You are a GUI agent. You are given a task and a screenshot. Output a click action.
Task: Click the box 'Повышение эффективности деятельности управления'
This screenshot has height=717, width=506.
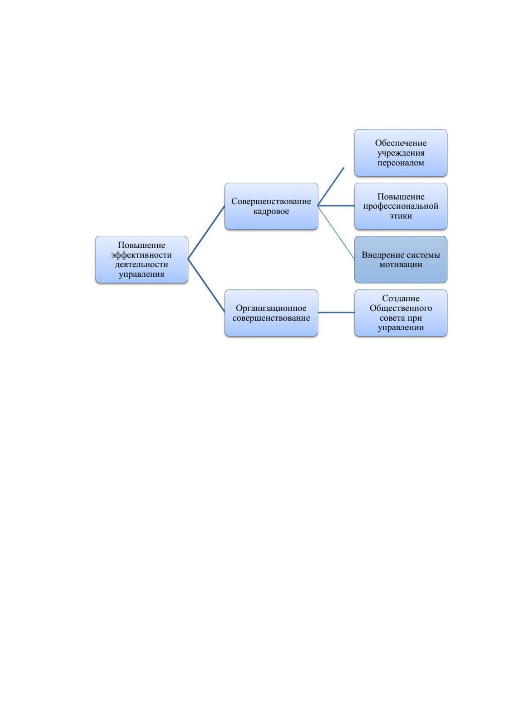tap(141, 260)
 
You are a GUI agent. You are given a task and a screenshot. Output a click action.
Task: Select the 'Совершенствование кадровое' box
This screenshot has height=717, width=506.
tap(271, 206)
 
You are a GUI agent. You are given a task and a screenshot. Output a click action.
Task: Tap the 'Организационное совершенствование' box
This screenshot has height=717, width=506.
tap(271, 313)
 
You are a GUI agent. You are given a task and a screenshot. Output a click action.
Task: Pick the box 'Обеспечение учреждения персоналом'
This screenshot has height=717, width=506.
tap(401, 153)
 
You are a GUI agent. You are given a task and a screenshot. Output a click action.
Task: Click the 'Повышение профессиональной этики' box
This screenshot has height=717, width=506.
tap(401, 206)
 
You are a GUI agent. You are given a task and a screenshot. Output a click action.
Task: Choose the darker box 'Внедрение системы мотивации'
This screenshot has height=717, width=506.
tap(401, 260)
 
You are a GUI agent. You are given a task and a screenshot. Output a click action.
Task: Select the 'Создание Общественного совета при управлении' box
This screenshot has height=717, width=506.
tap(401, 313)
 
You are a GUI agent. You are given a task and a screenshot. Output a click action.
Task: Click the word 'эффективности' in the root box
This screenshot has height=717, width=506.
tap(141, 255)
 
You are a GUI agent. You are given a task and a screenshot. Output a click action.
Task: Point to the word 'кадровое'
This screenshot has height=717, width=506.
tap(271, 212)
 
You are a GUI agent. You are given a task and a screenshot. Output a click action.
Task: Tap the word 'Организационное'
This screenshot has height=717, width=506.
tap(271, 308)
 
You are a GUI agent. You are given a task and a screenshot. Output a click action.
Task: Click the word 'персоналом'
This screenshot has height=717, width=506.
tap(401, 163)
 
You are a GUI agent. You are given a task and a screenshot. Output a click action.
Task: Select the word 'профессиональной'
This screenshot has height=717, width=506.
tap(401, 206)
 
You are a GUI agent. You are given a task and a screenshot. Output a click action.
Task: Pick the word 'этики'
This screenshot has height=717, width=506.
tap(401, 216)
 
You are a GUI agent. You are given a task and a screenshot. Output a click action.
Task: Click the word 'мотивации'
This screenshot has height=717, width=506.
tap(401, 265)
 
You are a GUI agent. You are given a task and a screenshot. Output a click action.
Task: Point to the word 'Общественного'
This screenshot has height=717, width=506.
tap(401, 308)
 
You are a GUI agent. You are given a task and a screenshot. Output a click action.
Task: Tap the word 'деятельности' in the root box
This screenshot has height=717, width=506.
tap(141, 265)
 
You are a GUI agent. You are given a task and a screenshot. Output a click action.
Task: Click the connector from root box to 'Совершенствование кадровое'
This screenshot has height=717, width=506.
tap(206, 232)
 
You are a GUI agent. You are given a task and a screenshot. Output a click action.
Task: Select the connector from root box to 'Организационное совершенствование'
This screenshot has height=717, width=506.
tap(206, 286)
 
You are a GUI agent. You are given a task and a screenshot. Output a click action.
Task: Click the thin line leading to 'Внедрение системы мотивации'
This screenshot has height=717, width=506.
tap(336, 232)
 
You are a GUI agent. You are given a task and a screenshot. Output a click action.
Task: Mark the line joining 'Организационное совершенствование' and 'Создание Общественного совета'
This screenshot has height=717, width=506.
tap(336, 313)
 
